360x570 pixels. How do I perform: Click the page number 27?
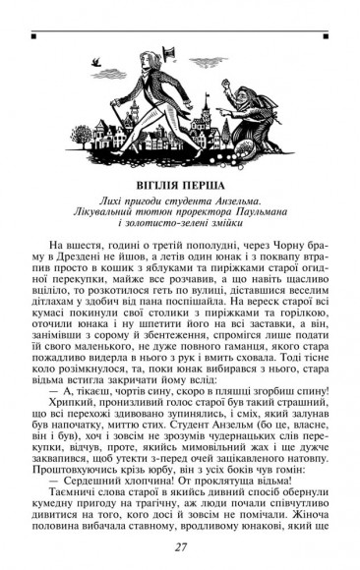click(x=180, y=546)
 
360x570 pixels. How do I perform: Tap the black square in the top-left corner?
click(x=33, y=36)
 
